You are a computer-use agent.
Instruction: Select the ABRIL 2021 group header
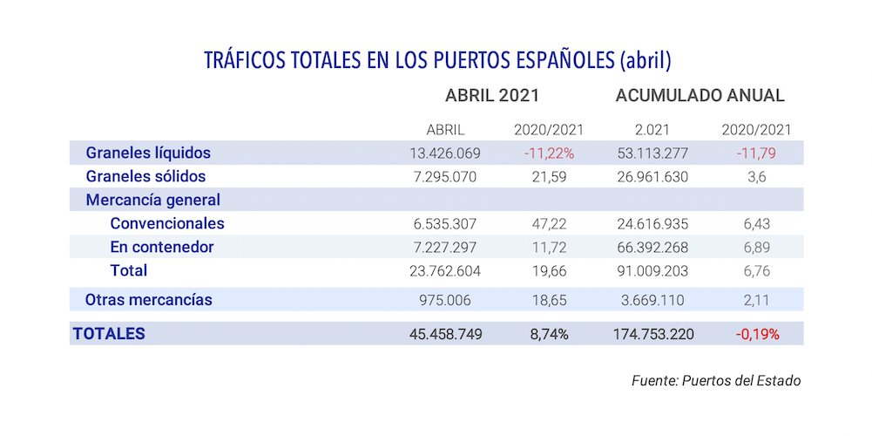(492, 96)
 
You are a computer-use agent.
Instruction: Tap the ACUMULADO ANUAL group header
(700, 96)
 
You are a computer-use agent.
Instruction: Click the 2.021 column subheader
(652, 130)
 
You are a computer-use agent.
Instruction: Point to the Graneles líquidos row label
(148, 153)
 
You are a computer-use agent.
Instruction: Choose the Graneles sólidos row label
(145, 176)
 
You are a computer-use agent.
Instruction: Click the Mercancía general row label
(152, 200)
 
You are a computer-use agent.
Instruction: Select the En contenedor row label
(161, 247)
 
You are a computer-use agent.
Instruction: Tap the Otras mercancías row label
(148, 300)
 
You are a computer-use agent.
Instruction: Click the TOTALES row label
(109, 333)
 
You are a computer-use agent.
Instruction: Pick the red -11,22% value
(548, 153)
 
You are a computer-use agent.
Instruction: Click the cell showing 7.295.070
(445, 177)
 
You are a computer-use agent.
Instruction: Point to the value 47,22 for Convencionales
(549, 224)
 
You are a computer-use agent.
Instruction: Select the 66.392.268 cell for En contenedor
(652, 248)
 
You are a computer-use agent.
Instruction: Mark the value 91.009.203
(652, 271)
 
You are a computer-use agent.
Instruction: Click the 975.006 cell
(445, 301)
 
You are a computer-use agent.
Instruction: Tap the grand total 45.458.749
(445, 334)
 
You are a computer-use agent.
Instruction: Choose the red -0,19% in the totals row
(756, 334)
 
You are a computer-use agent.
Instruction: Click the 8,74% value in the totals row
(548, 334)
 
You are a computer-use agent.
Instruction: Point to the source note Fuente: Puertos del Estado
(715, 381)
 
